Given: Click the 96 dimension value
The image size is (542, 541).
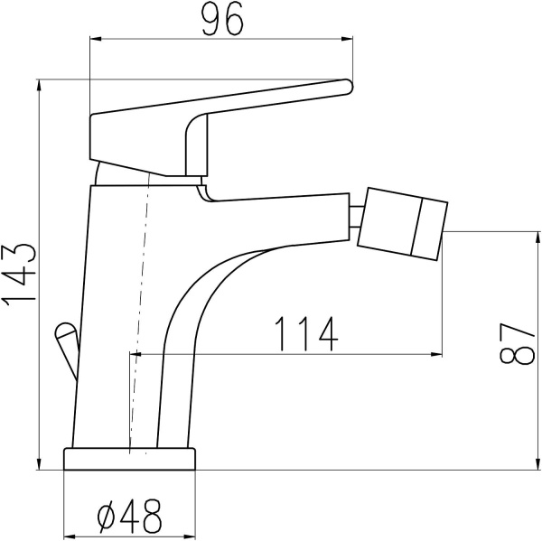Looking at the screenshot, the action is tap(222, 19).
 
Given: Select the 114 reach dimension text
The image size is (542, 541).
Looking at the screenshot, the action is tap(306, 333).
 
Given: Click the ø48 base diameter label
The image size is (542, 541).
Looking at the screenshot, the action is tap(129, 516).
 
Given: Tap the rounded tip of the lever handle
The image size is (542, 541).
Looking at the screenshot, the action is tap(349, 86).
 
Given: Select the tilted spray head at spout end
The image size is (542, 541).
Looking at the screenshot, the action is tap(403, 224).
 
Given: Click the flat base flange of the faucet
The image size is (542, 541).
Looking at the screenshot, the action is tap(129, 459).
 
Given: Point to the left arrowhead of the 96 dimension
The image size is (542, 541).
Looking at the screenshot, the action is tap(95, 39).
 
